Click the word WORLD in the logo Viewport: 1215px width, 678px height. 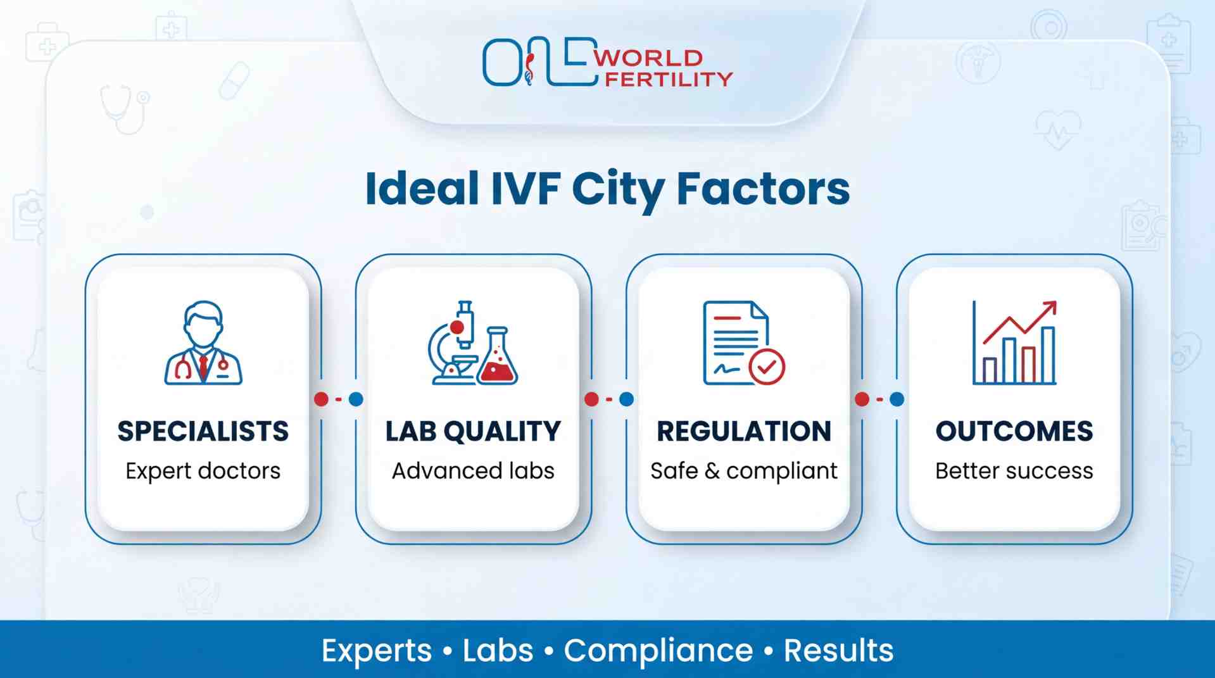pyautogui.click(x=648, y=58)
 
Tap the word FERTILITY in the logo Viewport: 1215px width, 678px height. pyautogui.click(x=669, y=79)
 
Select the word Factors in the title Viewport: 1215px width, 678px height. pyautogui.click(x=763, y=189)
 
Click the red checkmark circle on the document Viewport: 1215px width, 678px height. pyautogui.click(x=767, y=367)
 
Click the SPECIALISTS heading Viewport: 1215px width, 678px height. pyautogui.click(x=203, y=432)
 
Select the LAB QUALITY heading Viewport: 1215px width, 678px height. pyautogui.click(x=473, y=432)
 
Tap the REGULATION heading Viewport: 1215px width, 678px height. pyautogui.click(x=744, y=432)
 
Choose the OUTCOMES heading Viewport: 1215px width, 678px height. pyautogui.click(x=1014, y=432)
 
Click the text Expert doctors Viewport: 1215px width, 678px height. pyautogui.click(x=203, y=471)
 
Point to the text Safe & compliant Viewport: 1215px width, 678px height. pyautogui.click(x=744, y=471)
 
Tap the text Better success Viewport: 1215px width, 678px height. pyautogui.click(x=1014, y=471)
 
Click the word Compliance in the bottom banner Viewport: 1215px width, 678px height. pyautogui.click(x=658, y=651)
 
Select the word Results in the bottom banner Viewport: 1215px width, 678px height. pyautogui.click(x=839, y=651)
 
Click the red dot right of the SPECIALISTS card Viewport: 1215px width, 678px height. pyautogui.click(x=322, y=399)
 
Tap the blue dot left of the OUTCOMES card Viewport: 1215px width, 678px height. pyautogui.click(x=897, y=399)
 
